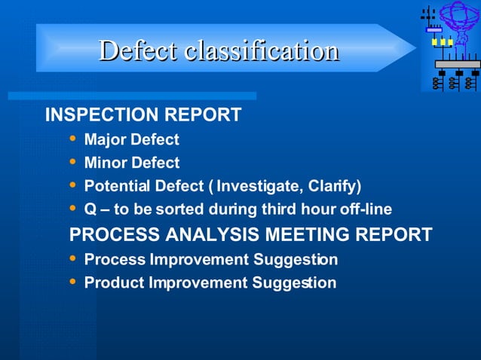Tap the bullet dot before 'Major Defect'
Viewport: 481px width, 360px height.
click(72, 139)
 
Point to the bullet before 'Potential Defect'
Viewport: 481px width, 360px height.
click(72, 185)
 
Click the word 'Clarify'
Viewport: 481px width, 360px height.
click(334, 186)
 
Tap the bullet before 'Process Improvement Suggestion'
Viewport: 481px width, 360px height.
click(72, 258)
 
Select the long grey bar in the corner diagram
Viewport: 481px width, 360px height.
click(458, 65)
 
